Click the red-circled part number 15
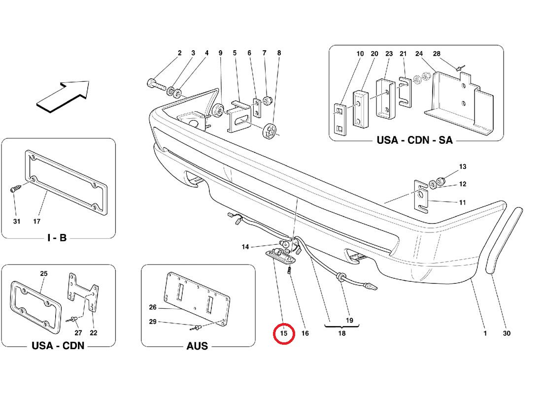[x=284, y=333]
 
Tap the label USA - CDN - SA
[x=414, y=140]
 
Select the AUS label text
[x=197, y=346]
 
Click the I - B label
[x=57, y=238]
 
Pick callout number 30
[x=507, y=333]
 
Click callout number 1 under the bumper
[x=485, y=333]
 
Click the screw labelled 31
[x=15, y=189]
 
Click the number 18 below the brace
[x=342, y=333]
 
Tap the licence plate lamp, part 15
[x=281, y=257]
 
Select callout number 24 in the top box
[x=419, y=54]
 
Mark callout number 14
[x=245, y=247]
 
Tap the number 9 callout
[x=220, y=53]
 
